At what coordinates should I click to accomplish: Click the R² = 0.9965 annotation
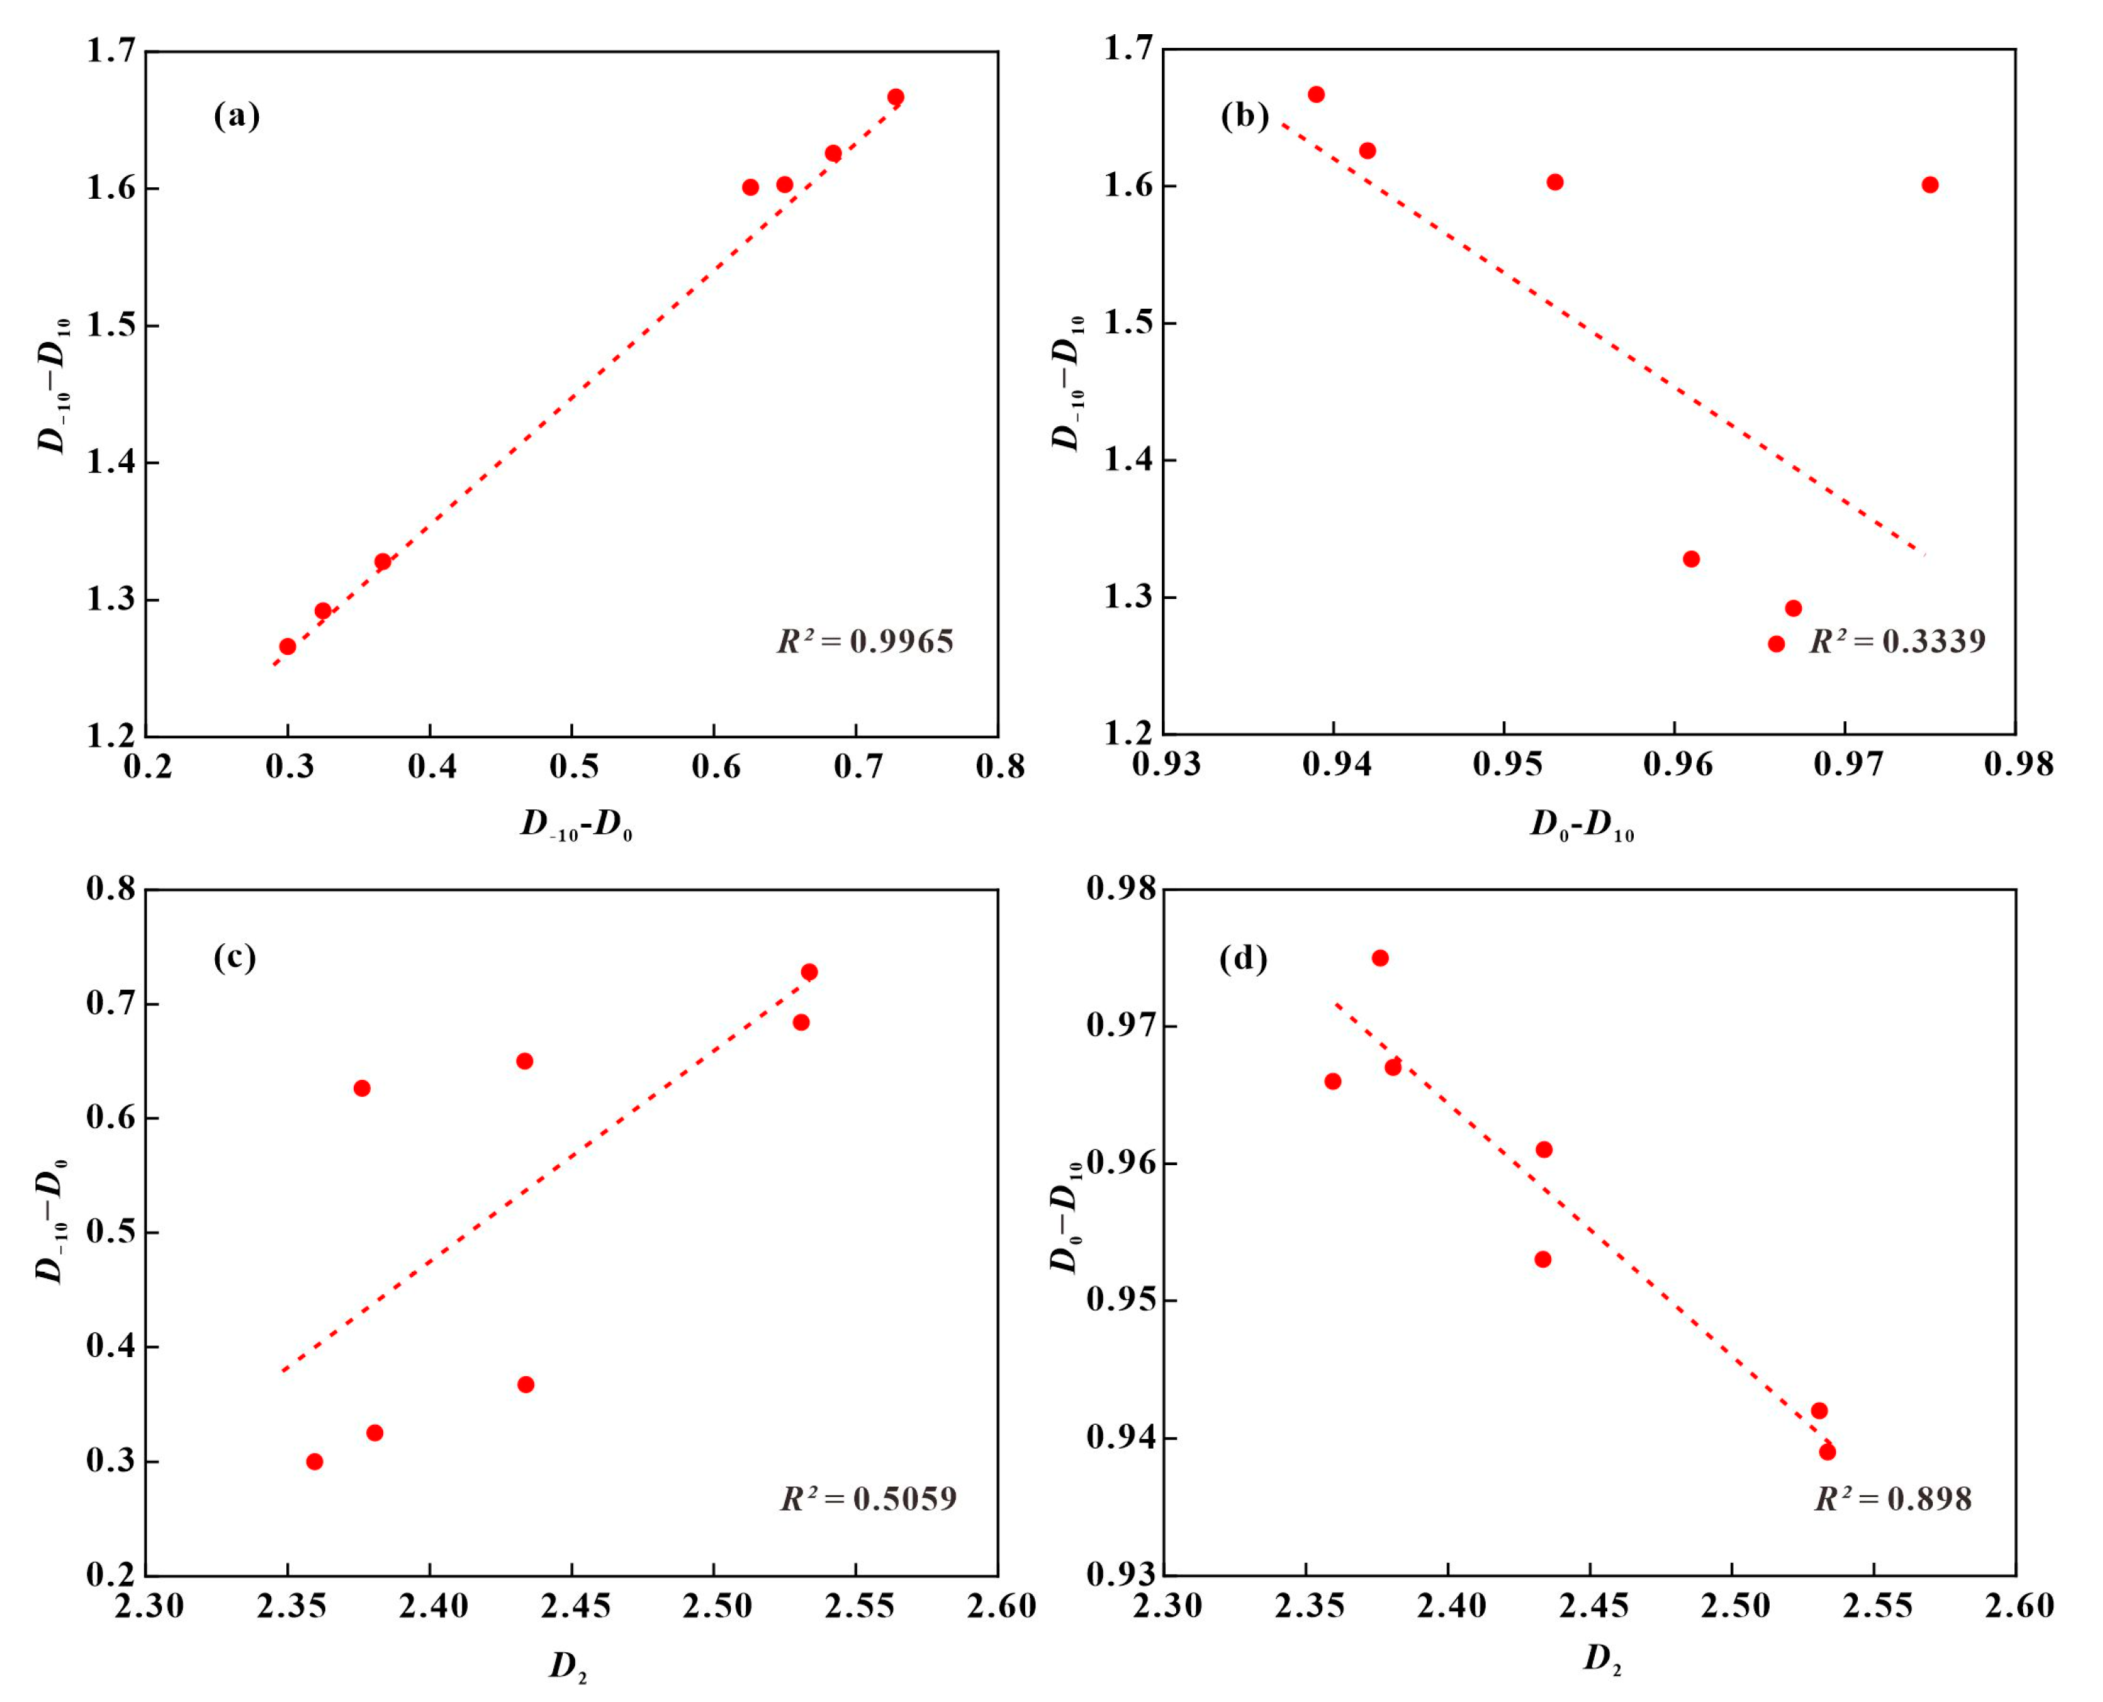865,641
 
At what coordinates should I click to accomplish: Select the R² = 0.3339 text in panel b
1897,641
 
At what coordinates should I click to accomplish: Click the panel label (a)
237,117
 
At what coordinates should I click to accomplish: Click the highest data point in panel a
895,97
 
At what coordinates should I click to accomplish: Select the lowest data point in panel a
288,646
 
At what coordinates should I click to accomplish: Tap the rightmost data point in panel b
1930,184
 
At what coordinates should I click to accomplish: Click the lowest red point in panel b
1776,643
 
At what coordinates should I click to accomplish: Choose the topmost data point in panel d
1380,958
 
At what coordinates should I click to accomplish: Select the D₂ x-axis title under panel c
568,1666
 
